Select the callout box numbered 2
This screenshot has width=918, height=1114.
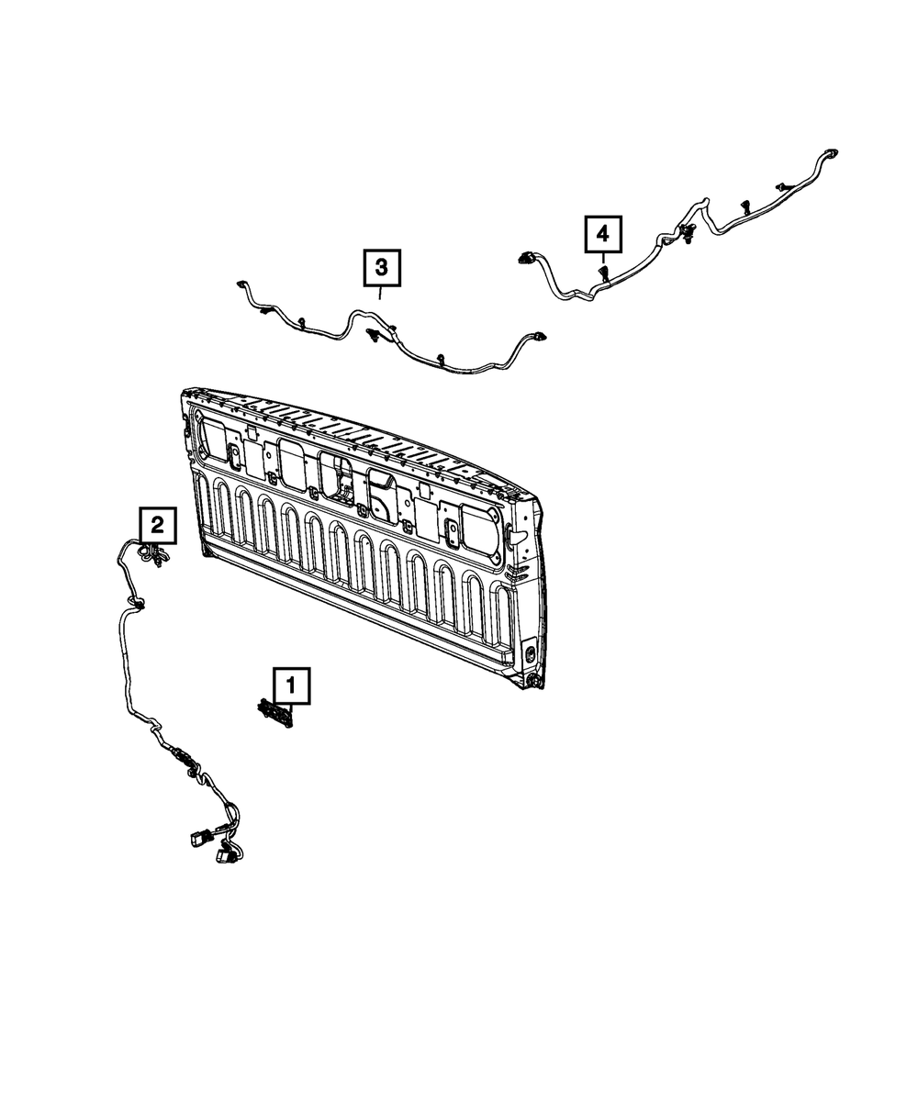coord(157,525)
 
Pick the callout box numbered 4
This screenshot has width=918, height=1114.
coord(602,235)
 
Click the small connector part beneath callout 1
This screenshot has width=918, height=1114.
coord(276,713)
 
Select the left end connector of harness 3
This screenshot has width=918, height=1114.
coord(243,285)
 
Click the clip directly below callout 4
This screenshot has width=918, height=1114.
coord(604,273)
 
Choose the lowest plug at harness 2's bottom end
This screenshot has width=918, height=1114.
coord(222,856)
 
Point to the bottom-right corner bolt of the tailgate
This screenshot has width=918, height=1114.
coord(533,680)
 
